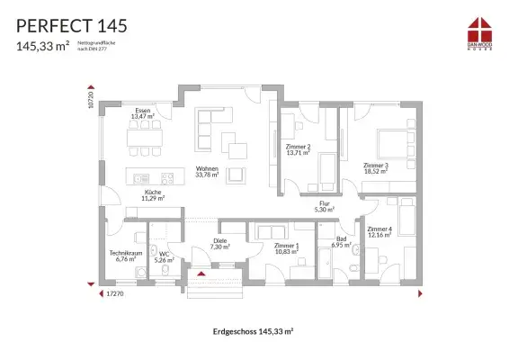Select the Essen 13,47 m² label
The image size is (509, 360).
click(142, 113)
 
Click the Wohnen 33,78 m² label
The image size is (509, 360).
click(208, 171)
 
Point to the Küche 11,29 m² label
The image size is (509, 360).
click(153, 194)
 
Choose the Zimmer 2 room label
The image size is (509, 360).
click(298, 149)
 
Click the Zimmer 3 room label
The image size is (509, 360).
click(376, 168)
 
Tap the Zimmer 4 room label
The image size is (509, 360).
click(380, 231)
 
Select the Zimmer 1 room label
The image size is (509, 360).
click(287, 247)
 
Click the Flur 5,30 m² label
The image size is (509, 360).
click(323, 207)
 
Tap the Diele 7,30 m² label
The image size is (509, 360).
click(219, 243)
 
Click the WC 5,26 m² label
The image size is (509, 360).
click(164, 256)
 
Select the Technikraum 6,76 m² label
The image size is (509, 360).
click(126, 256)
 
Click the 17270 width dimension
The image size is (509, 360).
click(114, 293)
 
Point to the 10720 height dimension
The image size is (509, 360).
click(91, 98)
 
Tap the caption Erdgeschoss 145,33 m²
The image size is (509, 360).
click(254, 331)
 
